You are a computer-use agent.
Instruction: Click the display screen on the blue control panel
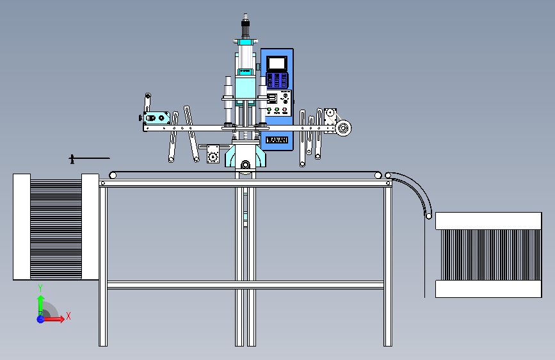[277, 63]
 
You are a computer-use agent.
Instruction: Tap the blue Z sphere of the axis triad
[40, 319]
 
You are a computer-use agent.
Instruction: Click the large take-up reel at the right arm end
[344, 129]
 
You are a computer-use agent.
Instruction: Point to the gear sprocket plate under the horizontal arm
[213, 154]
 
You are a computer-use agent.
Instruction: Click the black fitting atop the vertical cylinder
[244, 27]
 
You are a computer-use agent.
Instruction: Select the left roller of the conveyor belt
[113, 175]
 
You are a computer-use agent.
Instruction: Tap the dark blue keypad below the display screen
[277, 81]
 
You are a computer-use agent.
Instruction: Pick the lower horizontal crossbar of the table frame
[245, 284]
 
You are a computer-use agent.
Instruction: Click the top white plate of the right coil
[488, 221]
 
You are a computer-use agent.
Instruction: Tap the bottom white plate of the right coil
[488, 289]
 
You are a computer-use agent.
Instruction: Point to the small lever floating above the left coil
[88, 158]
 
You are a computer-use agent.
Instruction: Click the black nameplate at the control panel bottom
[277, 140]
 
